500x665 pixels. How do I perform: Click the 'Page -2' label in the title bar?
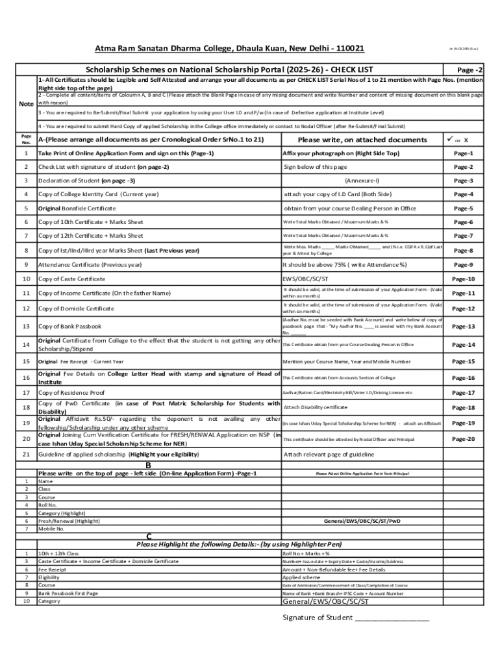469,70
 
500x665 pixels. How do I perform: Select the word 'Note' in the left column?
26,103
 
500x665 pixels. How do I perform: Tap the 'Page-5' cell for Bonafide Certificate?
463,208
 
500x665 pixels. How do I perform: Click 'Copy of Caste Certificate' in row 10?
71,279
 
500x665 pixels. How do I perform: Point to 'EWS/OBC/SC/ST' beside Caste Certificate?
301,279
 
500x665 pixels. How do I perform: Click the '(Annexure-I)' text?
362,180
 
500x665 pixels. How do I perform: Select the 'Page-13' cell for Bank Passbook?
463,327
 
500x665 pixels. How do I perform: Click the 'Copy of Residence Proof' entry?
71,393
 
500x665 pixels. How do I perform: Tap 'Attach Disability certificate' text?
315,407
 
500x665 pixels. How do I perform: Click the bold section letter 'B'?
148,465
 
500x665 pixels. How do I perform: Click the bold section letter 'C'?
149,536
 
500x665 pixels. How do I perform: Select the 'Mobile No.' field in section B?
51,529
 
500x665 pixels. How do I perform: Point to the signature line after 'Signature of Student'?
392,618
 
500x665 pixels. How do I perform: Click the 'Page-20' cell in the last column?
463,439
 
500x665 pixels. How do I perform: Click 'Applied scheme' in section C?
301,577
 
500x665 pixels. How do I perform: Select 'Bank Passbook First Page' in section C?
68,593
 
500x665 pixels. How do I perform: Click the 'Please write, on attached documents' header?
362,140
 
